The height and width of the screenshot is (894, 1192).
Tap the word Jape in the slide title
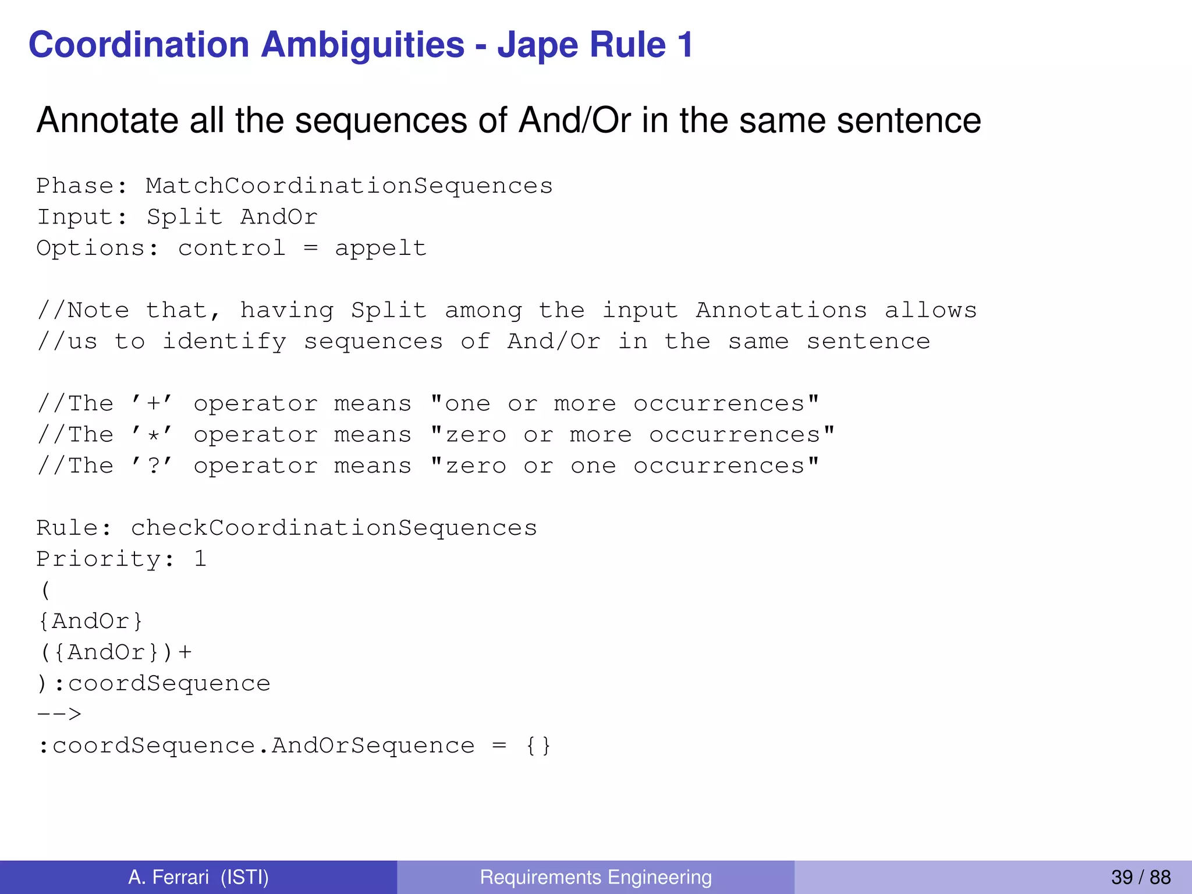coord(532,45)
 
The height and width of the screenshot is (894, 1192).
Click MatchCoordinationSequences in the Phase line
coord(349,186)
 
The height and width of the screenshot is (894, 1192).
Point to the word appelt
coord(381,249)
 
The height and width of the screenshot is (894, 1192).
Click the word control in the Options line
coord(232,249)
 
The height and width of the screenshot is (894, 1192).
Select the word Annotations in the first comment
coord(781,310)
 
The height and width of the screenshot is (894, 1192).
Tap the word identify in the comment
coord(224,342)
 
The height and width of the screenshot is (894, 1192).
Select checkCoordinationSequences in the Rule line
coord(334,528)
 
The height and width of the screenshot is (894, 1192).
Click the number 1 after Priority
coord(200,559)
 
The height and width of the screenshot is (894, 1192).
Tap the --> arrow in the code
coord(59,714)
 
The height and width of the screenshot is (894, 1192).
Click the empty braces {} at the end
coord(538,746)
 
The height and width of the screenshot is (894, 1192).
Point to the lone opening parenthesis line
coord(45,590)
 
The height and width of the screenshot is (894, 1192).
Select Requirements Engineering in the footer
coord(595,877)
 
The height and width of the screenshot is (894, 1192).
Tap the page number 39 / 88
coord(1140,877)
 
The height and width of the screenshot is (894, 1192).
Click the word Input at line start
coord(74,217)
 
